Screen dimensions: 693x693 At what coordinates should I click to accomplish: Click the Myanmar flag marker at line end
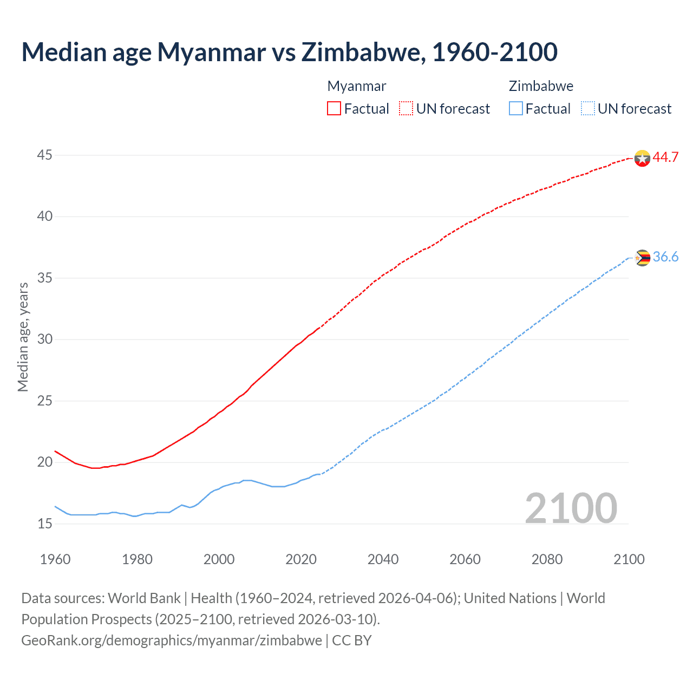642,158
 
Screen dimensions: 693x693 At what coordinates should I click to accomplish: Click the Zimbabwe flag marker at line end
642,258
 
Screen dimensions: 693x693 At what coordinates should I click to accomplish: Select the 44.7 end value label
665,158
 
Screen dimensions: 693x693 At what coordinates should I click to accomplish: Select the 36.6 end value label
665,257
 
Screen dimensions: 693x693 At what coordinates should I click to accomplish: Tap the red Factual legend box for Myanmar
334,109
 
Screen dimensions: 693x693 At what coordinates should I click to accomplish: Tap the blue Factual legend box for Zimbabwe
516,109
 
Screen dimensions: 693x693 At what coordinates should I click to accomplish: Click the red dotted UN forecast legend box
406,109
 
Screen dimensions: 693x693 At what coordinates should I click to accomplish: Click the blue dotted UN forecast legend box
588,109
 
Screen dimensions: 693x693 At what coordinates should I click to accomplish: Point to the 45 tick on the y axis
44,155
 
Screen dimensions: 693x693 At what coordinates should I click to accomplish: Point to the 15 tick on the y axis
44,524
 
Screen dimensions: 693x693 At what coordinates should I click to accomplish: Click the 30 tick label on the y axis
44,339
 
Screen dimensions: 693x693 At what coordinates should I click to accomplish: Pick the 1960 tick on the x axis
55,559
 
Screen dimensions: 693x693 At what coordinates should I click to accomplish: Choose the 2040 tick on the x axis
383,559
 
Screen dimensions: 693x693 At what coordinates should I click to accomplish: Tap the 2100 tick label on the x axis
629,559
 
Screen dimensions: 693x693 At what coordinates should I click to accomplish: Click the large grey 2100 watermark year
571,508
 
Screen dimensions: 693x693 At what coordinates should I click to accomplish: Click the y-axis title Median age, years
23,337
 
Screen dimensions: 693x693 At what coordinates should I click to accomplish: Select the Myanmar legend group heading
357,86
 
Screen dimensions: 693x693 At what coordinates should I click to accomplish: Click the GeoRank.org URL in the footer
172,640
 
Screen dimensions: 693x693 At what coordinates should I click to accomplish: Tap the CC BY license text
352,640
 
